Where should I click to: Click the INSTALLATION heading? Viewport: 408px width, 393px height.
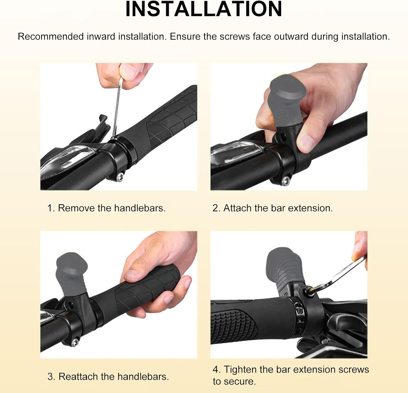(204, 9)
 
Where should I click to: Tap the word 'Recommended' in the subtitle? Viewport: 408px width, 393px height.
(51, 37)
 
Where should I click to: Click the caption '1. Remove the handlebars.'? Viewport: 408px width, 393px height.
(106, 208)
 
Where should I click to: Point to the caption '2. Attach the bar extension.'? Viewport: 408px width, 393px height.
(273, 208)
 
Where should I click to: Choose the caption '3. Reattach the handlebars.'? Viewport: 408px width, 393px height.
(108, 376)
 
